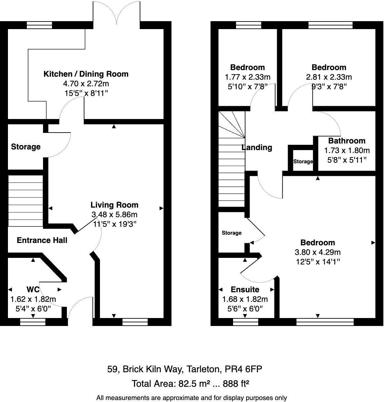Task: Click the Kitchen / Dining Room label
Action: [x=86, y=74]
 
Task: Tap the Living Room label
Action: [x=114, y=205]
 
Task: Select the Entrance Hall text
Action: [x=42, y=240]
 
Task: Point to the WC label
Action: [x=33, y=290]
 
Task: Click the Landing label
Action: [x=257, y=147]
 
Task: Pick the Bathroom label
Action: [x=347, y=141]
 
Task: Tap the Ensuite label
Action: [x=245, y=290]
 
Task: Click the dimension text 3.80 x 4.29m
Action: [x=317, y=252]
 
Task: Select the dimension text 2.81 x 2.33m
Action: [x=329, y=77]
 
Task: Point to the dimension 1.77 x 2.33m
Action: [x=247, y=77]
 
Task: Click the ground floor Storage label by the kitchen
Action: [x=26, y=147]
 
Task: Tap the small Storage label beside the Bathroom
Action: [x=303, y=162]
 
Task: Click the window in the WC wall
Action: [x=33, y=322]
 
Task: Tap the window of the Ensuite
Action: [x=245, y=322]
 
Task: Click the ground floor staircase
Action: [x=25, y=201]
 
